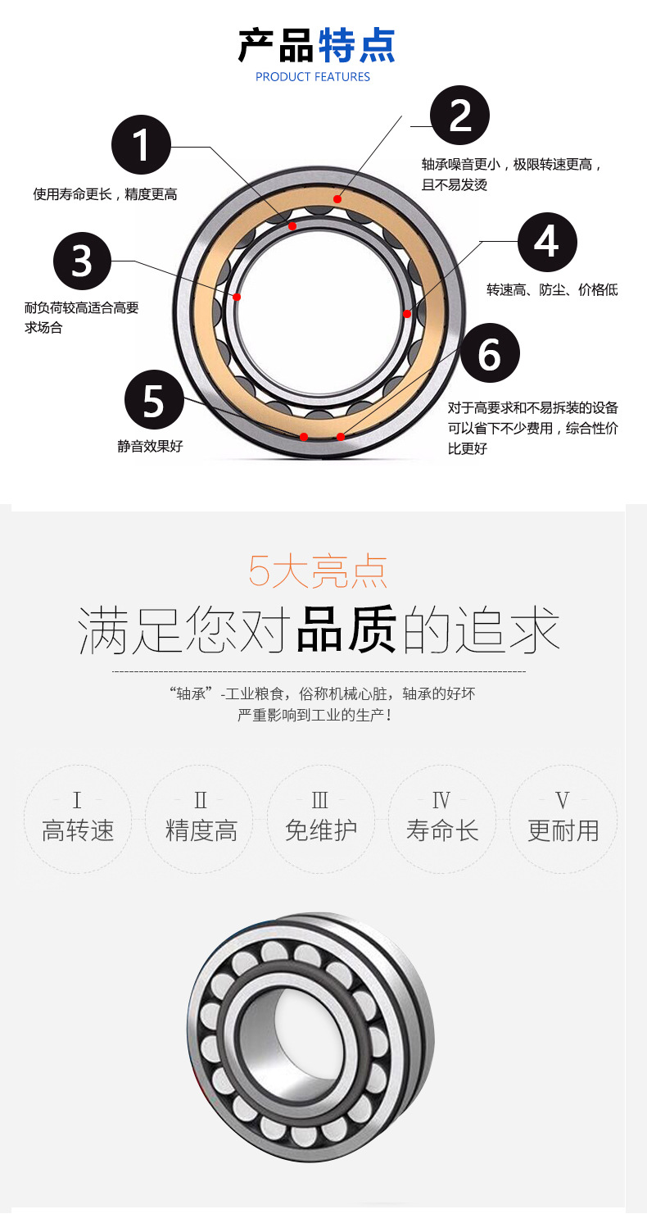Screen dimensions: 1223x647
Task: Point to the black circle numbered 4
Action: (547, 243)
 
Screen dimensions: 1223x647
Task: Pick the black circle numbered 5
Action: (154, 402)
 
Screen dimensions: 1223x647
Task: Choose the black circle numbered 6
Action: (490, 354)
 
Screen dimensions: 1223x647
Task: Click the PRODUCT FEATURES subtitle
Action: (313, 77)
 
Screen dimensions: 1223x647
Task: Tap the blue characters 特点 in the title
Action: (356, 45)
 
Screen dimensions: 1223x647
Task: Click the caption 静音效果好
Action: (150, 447)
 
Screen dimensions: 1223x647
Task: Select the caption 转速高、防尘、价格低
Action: (552, 289)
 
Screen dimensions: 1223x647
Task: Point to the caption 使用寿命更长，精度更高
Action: (105, 194)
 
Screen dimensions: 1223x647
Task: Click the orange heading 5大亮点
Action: (317, 571)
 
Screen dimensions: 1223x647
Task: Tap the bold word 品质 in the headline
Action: (346, 630)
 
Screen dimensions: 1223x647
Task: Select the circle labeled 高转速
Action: (78, 819)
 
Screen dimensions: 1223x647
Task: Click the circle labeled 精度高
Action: (200, 819)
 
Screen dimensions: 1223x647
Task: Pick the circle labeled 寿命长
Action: (441, 819)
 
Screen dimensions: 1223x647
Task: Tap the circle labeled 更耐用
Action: (563, 819)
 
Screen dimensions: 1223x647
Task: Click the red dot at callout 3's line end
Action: (237, 297)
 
